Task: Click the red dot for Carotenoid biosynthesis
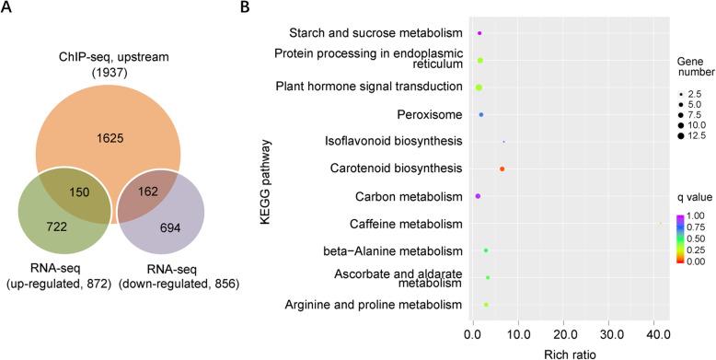(x=502, y=169)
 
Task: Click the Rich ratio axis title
(x=563, y=352)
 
